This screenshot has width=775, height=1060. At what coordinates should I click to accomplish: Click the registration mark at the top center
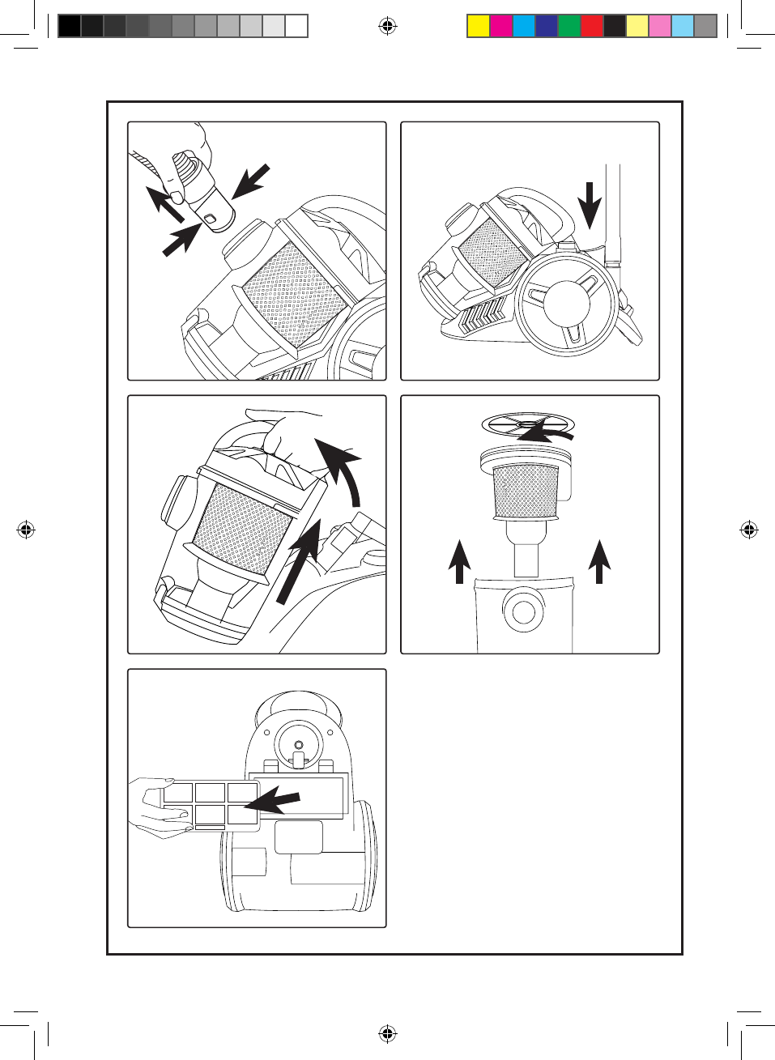[x=387, y=27]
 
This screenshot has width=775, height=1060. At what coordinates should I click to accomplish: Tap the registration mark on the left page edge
[x=25, y=530]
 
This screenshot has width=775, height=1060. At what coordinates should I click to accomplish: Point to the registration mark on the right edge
[x=749, y=530]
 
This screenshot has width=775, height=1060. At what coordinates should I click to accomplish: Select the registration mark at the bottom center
[x=387, y=1033]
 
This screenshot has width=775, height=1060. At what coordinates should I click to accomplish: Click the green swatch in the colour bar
[x=569, y=27]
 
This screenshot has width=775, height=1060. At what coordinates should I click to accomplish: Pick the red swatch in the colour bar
[x=592, y=27]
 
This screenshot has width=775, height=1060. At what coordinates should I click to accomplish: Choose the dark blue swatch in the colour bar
[x=547, y=27]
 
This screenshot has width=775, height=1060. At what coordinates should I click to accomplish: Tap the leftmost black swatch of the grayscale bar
[x=70, y=27]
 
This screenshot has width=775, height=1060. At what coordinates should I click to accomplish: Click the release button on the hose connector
[x=211, y=219]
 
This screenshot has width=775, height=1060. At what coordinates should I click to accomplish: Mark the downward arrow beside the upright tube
[x=590, y=205]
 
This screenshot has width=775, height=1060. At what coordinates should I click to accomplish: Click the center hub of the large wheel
[x=566, y=304]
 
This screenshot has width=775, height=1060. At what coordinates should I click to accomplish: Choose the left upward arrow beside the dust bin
[x=459, y=561]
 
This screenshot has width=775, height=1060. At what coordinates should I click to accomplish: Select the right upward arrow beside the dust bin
[x=599, y=561]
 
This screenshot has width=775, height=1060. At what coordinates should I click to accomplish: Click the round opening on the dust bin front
[x=523, y=611]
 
